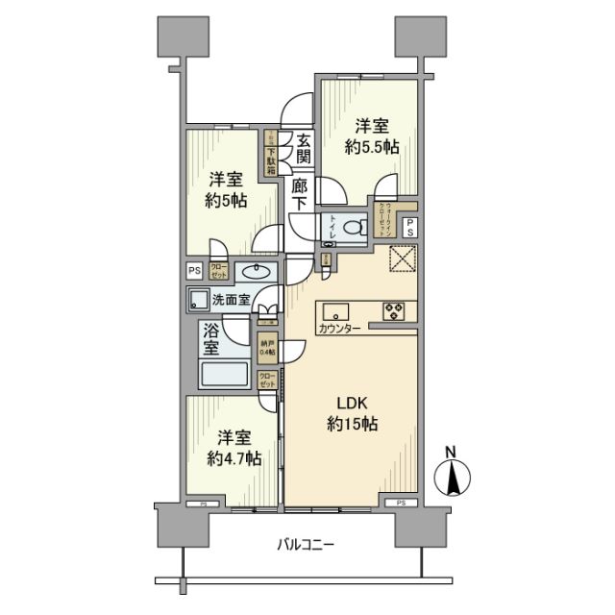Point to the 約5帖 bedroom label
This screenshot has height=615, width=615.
tap(228, 190)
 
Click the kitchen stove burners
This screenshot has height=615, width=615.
tap(395, 309)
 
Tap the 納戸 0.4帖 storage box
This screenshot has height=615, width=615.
tap(266, 347)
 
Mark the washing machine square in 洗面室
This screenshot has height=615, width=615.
tap(199, 299)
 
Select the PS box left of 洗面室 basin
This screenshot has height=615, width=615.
tap(193, 270)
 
